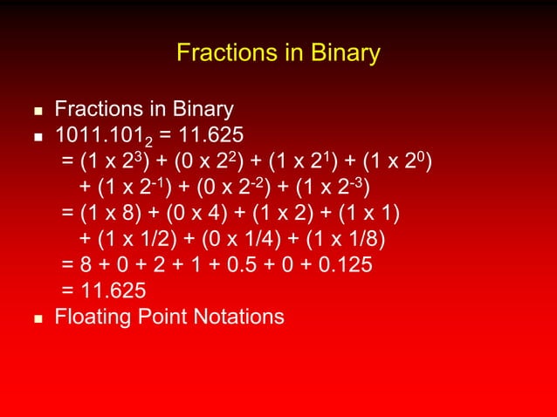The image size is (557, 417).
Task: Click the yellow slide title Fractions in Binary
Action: click(x=278, y=53)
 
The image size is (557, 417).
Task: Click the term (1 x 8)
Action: click(x=112, y=215)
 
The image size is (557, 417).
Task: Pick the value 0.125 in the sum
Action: click(x=343, y=265)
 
